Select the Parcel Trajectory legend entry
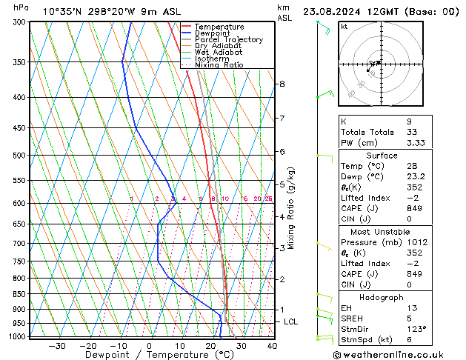(229, 39)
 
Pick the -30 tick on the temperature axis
(57, 346)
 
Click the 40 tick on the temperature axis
(272, 346)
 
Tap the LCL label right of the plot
(291, 322)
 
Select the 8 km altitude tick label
(282, 84)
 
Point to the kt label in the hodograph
(344, 27)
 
